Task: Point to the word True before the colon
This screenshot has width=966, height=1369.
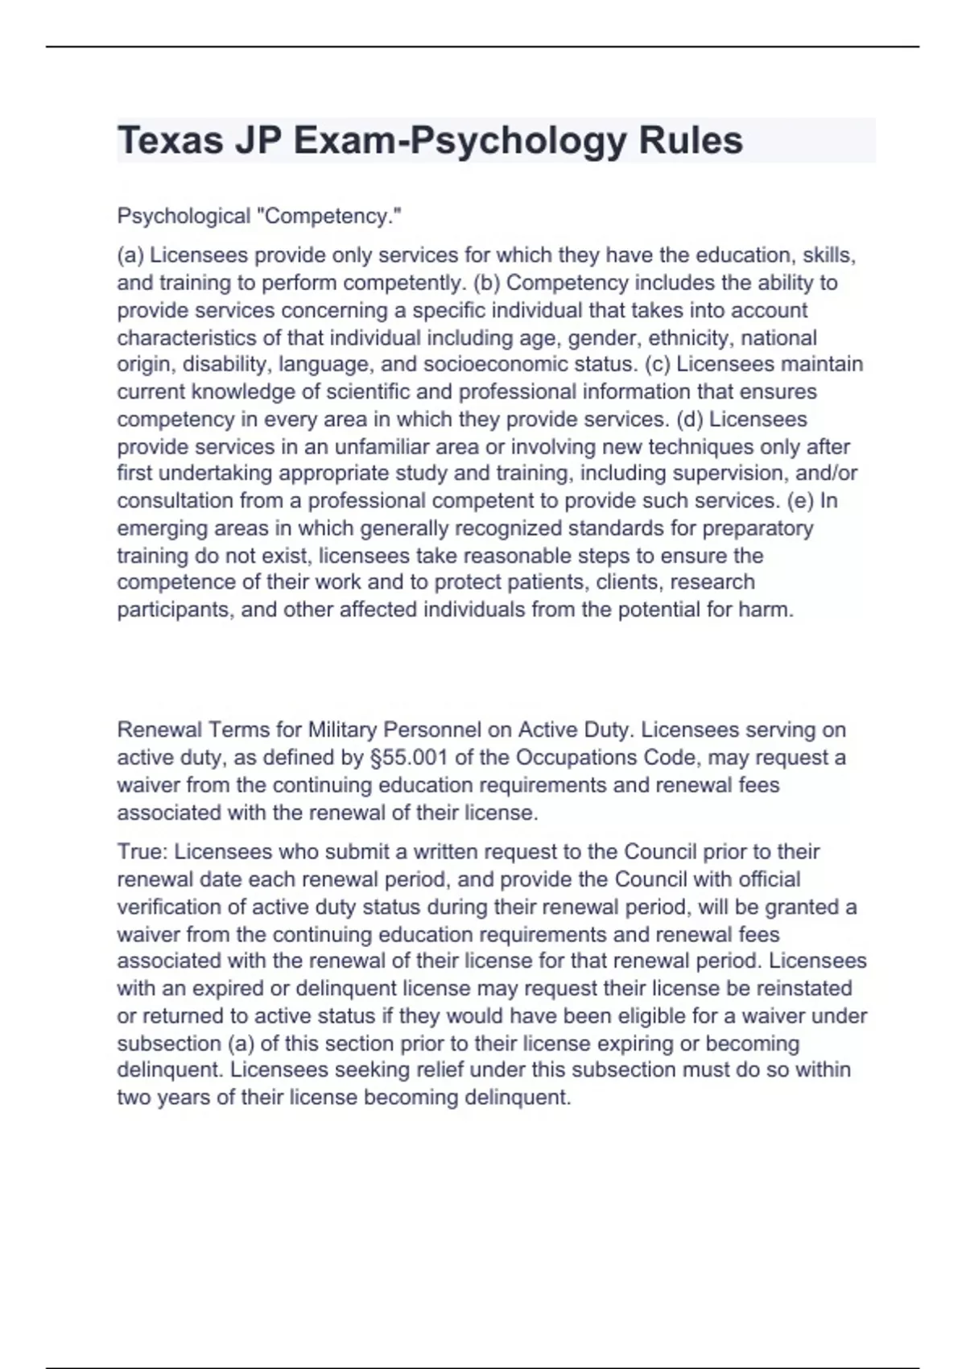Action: pyautogui.click(x=140, y=851)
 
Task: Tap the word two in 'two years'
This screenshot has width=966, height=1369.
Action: pyautogui.click(x=134, y=1097)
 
